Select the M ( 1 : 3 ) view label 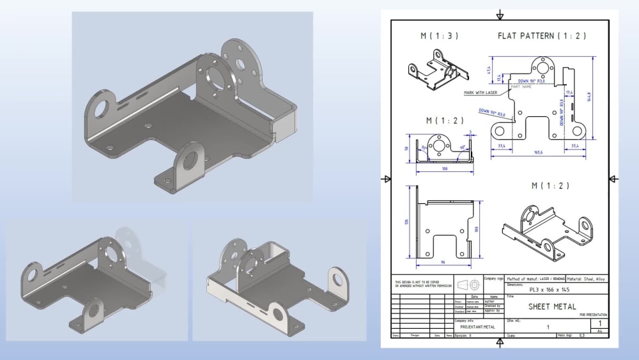[439, 36]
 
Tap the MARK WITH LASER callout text [481, 93]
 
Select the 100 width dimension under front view [443, 169]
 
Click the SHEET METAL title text [552, 307]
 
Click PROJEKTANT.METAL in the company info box [477, 327]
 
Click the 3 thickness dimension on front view [470, 133]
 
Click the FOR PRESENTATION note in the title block [593, 315]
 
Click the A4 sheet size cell [599, 331]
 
